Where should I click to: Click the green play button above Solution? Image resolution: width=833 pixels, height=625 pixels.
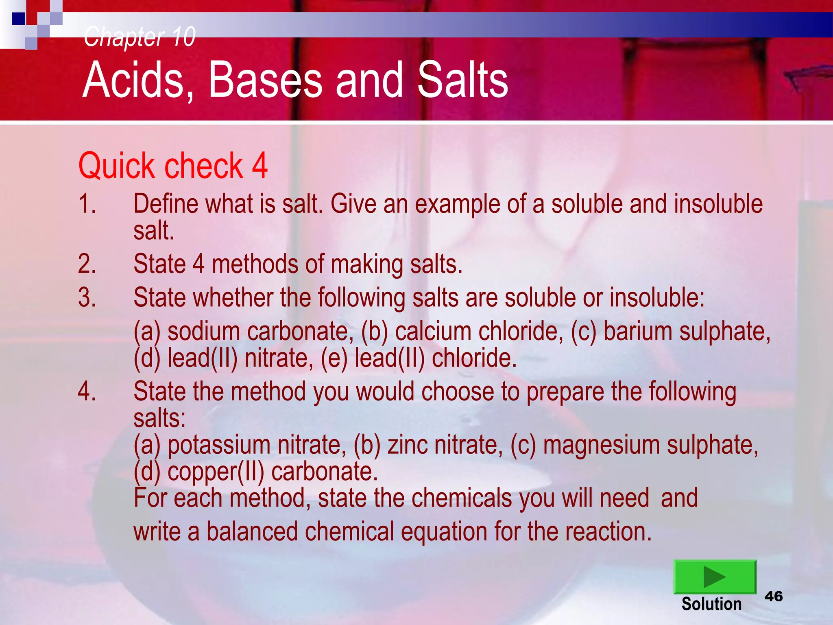coord(715,577)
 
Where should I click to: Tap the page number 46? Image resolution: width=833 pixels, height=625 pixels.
coord(773,597)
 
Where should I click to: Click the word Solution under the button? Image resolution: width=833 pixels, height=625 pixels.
coord(711,604)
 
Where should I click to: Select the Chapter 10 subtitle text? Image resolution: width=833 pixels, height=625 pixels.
coord(140,37)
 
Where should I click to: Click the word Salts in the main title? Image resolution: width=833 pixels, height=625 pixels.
coord(463,80)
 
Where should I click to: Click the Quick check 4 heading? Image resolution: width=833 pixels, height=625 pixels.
coord(173,166)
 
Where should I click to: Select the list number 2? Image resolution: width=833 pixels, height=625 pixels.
coord(87,264)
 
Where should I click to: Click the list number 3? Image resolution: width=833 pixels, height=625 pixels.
coord(87,297)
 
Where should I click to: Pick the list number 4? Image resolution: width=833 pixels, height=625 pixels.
coord(87,391)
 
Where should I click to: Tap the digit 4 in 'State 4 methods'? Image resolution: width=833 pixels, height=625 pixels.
coord(198,264)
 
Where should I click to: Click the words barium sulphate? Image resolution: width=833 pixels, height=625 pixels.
coord(687,332)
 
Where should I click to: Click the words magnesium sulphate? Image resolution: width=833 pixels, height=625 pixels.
coord(650,445)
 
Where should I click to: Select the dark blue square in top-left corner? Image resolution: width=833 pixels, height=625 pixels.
coord(18,19)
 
